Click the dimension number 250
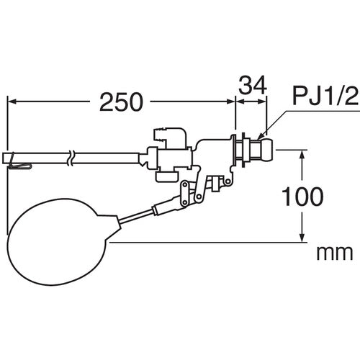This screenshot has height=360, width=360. tap(121, 102)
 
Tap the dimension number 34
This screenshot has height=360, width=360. tap(253, 85)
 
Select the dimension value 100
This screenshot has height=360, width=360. tap(302, 197)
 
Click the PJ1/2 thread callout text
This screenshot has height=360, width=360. tap(325, 96)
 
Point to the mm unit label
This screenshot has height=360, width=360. tap(335, 253)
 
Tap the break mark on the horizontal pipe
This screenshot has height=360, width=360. tap(71, 158)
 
